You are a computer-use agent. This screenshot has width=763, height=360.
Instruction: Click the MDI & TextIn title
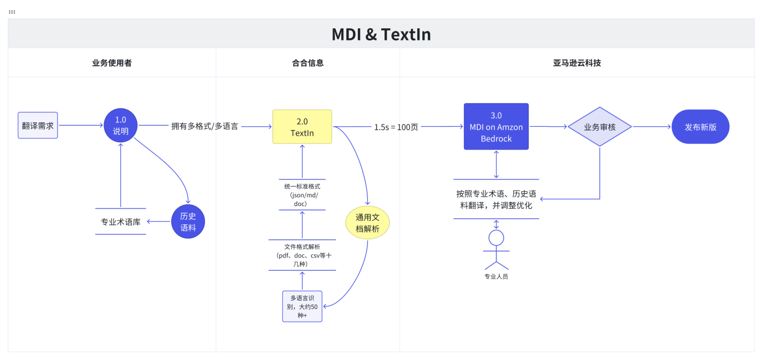381,34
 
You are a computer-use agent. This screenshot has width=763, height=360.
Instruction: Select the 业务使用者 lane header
112,63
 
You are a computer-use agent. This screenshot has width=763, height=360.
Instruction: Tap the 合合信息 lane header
308,63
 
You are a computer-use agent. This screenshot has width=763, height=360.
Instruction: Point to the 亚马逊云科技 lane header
577,63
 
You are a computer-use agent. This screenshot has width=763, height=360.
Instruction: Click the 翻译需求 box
38,125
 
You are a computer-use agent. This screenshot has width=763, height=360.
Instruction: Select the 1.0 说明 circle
120,125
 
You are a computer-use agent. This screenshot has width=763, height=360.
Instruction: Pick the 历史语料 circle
188,222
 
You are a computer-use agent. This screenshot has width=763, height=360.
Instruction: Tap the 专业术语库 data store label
120,222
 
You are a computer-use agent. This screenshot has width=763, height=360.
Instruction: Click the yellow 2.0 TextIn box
302,127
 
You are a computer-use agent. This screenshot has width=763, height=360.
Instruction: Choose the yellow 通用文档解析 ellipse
367,223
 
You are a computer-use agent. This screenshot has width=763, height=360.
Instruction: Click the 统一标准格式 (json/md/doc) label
301,195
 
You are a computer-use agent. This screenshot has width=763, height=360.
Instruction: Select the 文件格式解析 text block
302,255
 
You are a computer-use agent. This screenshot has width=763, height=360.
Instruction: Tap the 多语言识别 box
302,306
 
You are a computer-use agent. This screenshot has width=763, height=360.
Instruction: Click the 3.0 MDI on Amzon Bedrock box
496,127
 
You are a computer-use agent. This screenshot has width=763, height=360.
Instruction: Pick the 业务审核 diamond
600,127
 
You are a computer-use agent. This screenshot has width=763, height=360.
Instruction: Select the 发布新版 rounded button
700,127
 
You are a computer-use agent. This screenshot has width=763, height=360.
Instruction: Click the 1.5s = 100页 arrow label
396,127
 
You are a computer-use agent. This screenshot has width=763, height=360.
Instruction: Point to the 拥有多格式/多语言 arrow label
204,126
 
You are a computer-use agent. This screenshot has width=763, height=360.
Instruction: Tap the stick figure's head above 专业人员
496,238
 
